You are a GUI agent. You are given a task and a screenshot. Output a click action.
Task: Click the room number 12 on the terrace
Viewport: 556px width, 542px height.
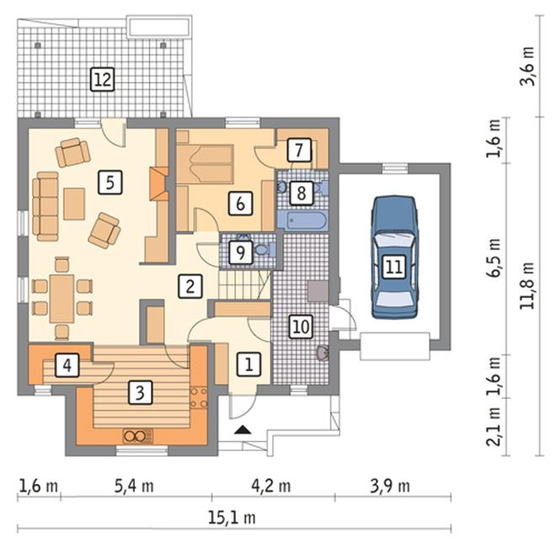pyautogui.click(x=103, y=79)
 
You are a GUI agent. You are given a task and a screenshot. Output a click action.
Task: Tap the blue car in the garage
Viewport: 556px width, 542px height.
pyautogui.click(x=394, y=258)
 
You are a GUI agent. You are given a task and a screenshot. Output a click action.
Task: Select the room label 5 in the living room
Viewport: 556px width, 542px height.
pyautogui.click(x=110, y=183)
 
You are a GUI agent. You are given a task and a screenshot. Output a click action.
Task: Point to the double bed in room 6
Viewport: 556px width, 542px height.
pyautogui.click(x=205, y=164)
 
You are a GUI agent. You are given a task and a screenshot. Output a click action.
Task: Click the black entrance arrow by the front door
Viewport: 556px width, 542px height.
pyautogui.click(x=243, y=430)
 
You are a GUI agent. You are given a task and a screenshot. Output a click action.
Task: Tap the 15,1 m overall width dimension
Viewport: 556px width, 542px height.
pyautogui.click(x=232, y=518)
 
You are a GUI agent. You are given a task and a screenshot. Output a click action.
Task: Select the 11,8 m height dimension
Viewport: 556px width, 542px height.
pyautogui.click(x=527, y=285)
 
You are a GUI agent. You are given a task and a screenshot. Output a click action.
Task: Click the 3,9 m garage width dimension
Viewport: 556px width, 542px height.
pyautogui.click(x=390, y=486)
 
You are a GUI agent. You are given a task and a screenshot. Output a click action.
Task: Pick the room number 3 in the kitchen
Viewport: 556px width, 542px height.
pyautogui.click(x=140, y=392)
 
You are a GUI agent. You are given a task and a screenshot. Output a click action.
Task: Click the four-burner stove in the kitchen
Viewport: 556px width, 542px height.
pyautogui.click(x=199, y=398)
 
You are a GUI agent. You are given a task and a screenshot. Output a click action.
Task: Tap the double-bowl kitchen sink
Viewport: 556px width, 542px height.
pyautogui.click(x=138, y=436)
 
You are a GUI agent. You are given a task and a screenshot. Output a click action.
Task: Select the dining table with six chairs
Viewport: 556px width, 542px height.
pyautogui.click(x=62, y=298)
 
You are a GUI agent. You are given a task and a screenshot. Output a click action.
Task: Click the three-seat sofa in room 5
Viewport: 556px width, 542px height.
pyautogui.click(x=45, y=206)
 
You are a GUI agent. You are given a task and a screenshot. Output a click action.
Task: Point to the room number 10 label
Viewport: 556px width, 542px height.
pyautogui.click(x=301, y=327)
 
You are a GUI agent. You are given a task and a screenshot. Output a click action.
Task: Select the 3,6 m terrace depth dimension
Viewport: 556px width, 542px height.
pyautogui.click(x=527, y=66)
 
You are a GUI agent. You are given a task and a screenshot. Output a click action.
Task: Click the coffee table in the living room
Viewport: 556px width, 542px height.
pyautogui.click(x=74, y=204)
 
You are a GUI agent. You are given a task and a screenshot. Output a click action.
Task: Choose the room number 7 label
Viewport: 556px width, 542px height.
pyautogui.click(x=299, y=150)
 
